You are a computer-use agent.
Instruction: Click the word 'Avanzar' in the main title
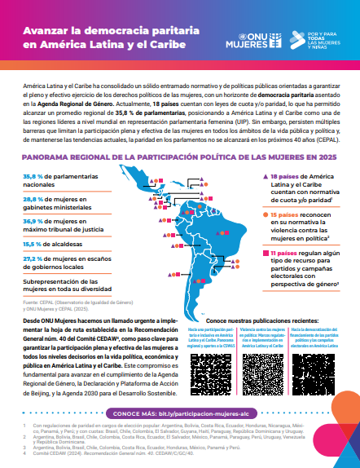(x=46, y=29)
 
